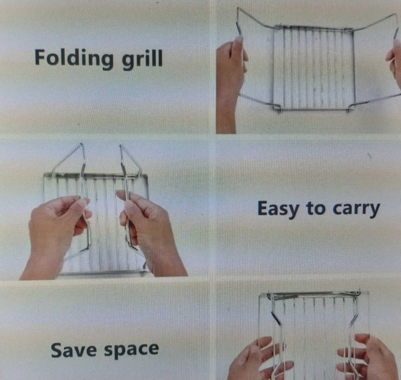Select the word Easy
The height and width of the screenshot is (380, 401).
278,209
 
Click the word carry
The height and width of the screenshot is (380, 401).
356,210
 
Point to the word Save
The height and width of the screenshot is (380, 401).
74,350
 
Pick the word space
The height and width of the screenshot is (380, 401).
131,351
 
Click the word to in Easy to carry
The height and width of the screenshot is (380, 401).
315,208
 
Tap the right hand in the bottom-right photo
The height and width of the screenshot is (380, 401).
368,358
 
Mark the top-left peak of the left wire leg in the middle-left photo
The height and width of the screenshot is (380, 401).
82,144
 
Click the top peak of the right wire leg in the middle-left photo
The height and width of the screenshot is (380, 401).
121,146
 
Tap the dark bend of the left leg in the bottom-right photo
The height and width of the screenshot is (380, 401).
275,318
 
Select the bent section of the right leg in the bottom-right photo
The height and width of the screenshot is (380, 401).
353,318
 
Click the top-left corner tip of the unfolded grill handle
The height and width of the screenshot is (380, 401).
237,9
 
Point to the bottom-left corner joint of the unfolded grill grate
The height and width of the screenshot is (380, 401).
275,108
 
